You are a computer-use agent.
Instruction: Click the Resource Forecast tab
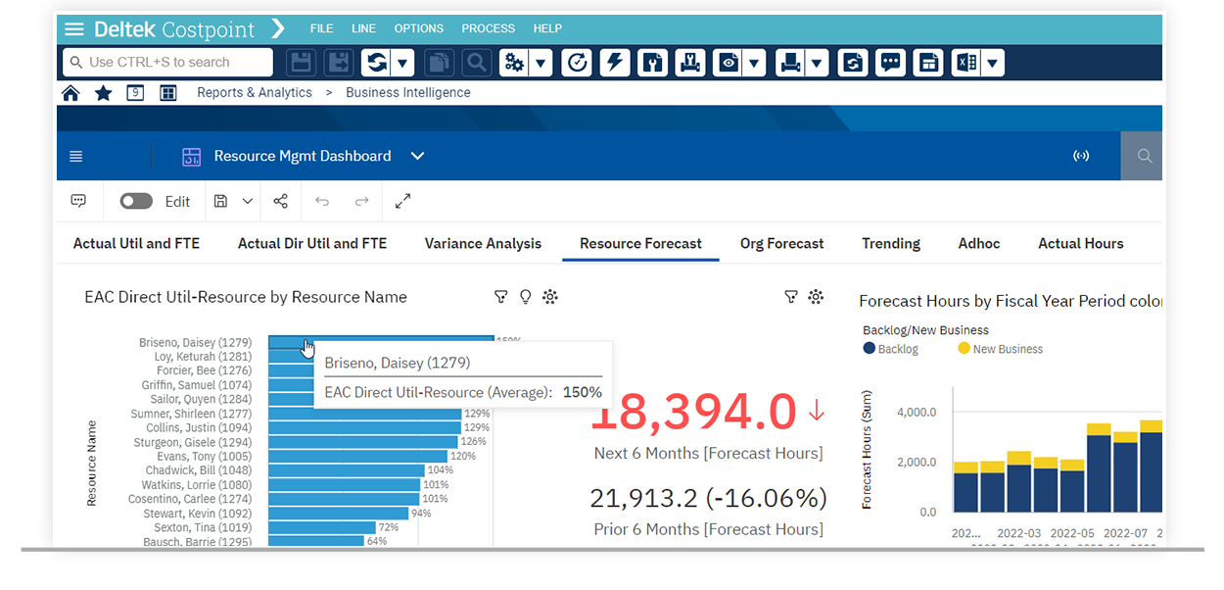640,244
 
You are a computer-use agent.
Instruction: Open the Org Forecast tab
781,244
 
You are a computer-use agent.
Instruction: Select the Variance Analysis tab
483,244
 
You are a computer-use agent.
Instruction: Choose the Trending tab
891,244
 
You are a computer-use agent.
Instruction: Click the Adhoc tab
979,244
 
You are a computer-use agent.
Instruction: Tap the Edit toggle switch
136,201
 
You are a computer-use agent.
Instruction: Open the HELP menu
547,28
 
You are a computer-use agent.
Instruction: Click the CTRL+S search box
167,62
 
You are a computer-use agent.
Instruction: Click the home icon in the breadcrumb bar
71,93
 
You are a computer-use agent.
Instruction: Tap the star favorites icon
103,93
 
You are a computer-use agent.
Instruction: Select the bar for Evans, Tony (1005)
357,456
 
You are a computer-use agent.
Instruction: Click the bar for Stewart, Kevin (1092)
338,513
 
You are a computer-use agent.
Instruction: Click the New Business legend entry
1000,349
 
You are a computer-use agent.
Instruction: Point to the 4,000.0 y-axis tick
917,413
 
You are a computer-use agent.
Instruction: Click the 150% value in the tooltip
582,392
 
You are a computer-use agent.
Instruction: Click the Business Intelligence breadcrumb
408,93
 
